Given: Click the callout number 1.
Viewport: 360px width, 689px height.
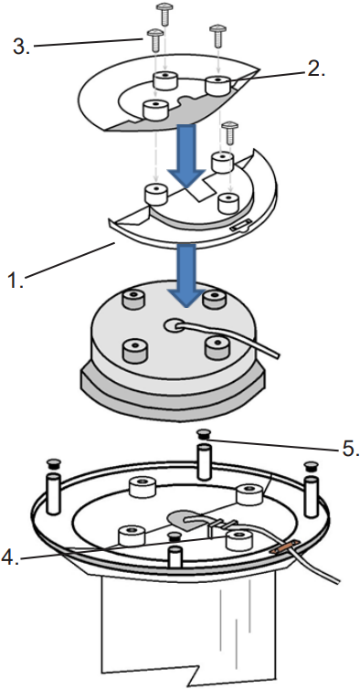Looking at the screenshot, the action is coord(16,280).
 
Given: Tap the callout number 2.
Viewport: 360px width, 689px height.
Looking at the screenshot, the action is coord(315,69).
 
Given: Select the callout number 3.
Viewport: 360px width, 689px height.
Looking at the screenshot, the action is coord(21,47).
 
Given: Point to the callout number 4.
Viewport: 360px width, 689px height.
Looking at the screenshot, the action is coord(11,557).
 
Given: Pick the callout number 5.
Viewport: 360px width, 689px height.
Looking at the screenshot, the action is coord(350,449).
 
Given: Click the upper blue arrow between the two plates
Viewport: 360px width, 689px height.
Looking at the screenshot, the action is coord(187,155).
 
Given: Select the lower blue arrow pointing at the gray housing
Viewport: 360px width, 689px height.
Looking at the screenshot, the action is coord(187,276).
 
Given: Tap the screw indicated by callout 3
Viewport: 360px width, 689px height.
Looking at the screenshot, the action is coord(154,40).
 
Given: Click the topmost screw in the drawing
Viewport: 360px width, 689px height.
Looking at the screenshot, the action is coord(164,14).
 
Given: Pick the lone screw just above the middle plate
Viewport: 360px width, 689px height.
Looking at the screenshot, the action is coord(230,133).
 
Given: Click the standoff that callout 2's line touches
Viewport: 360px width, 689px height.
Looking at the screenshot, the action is coord(218,85).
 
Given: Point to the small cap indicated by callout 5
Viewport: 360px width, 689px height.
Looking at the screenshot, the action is coord(202,434).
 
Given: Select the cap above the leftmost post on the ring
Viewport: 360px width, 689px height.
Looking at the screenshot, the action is coord(54,463).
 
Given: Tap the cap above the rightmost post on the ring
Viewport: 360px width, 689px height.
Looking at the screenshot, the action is coord(311,465).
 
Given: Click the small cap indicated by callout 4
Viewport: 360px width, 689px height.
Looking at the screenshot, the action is coord(175,535).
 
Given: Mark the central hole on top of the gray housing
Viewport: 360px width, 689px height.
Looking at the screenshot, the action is coord(175,325).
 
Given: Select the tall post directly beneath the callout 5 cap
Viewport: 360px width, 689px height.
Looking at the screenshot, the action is coord(203,461).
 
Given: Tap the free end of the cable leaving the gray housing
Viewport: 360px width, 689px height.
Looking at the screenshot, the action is coord(275,353).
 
